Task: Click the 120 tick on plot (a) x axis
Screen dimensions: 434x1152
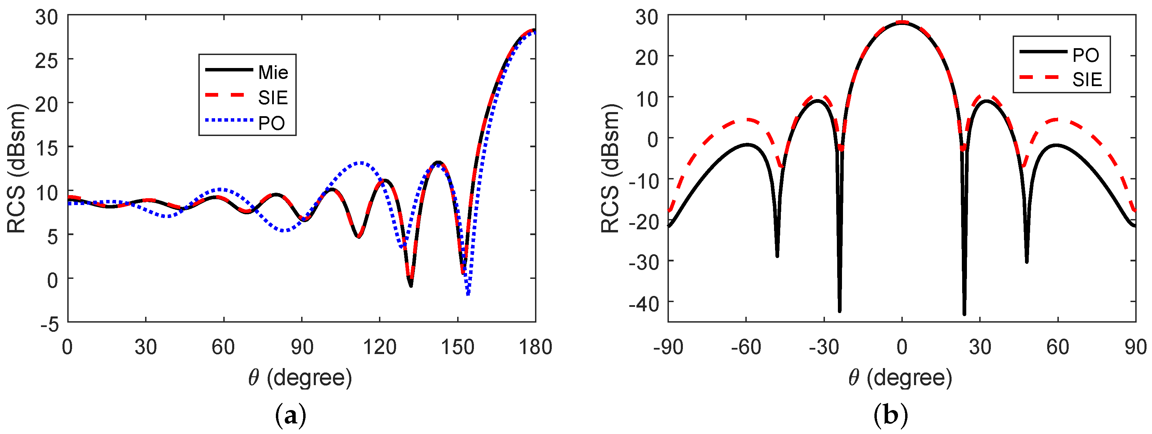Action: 379,347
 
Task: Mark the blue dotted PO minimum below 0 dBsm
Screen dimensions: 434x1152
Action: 468,294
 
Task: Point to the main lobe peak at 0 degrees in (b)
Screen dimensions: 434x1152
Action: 902,22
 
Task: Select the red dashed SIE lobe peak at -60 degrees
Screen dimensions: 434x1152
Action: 746,120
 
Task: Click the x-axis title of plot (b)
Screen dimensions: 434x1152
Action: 901,378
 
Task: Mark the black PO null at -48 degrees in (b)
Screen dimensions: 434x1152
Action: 777,256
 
